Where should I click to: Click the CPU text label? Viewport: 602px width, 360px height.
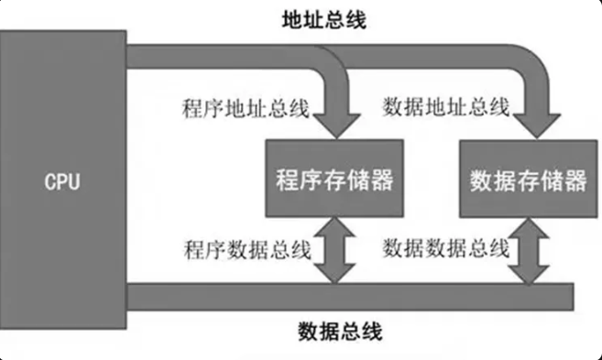tap(62, 182)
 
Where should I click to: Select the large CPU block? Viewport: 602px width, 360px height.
tap(63, 180)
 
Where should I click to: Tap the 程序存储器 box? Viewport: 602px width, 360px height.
tap(334, 179)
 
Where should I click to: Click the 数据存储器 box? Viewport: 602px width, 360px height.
tap(529, 179)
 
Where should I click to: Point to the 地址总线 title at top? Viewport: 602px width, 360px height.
tap(324, 19)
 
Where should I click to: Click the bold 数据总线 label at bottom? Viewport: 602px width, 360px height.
tap(340, 332)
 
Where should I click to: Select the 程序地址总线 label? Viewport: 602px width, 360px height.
tap(246, 108)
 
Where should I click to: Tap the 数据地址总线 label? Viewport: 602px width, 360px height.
tap(446, 106)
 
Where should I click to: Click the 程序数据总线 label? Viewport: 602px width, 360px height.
tap(247, 250)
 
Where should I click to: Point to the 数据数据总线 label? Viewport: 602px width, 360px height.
tap(446, 248)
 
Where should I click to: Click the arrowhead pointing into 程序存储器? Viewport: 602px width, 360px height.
tap(336, 125)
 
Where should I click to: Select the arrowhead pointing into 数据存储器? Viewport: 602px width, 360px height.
tap(537, 125)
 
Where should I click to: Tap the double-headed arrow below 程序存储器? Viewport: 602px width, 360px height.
tap(334, 251)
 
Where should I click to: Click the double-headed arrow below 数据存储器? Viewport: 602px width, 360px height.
tap(529, 252)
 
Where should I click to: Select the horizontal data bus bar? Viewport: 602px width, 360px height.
tap(350, 297)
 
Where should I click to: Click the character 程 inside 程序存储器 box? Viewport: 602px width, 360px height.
tap(288, 180)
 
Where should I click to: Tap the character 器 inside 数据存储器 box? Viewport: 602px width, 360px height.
tap(575, 180)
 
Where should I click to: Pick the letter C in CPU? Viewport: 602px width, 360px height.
tap(50, 182)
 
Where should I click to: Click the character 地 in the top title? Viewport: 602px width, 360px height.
tap(292, 19)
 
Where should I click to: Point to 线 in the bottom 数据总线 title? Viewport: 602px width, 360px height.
tap(372, 332)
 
